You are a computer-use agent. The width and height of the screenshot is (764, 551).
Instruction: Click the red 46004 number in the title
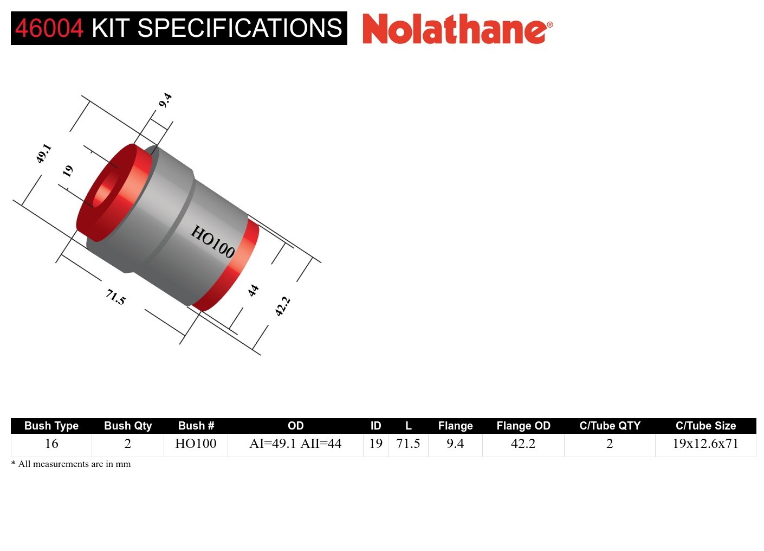(x=49, y=28)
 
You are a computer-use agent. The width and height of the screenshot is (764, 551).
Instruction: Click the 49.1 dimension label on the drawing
(x=44, y=153)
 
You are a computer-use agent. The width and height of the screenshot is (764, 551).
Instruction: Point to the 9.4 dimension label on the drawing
(x=165, y=100)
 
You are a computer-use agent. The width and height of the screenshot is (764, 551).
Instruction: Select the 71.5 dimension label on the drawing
(x=115, y=297)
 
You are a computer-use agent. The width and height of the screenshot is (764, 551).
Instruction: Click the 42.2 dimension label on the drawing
(x=282, y=306)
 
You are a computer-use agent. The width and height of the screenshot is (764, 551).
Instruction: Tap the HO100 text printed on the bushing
(x=212, y=242)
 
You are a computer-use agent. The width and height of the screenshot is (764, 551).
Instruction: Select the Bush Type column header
(x=51, y=426)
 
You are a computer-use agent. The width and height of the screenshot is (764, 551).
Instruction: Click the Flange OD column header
(x=523, y=426)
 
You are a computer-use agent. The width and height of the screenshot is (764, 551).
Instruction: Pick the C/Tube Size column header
(x=705, y=426)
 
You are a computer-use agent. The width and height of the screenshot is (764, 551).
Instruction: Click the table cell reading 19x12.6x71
(x=705, y=444)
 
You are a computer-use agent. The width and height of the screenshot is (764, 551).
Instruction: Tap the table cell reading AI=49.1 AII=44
(x=295, y=444)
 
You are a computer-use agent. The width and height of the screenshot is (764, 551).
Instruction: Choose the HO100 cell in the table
(x=196, y=444)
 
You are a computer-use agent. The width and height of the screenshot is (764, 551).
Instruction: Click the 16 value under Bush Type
(x=51, y=444)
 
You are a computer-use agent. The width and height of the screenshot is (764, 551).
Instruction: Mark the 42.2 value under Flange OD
(x=523, y=444)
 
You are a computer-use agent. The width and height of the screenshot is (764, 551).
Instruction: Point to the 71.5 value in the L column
(x=408, y=444)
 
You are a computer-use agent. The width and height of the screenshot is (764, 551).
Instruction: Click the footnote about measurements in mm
(x=71, y=464)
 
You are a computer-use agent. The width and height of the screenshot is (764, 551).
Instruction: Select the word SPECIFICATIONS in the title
(x=240, y=28)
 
